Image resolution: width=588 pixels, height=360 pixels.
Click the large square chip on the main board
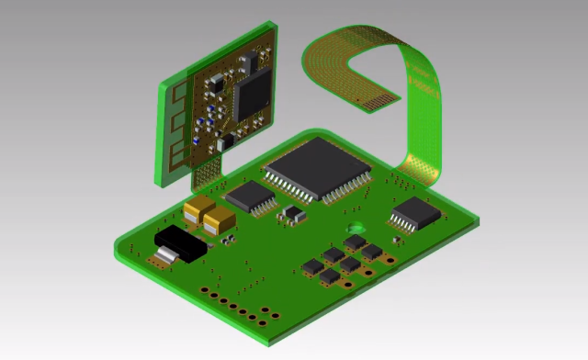click(317, 168)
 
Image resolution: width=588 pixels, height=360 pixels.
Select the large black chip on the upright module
click(252, 95)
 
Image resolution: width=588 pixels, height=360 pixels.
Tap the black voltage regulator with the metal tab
click(178, 244)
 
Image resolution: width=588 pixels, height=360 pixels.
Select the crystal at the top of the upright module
click(249, 61)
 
